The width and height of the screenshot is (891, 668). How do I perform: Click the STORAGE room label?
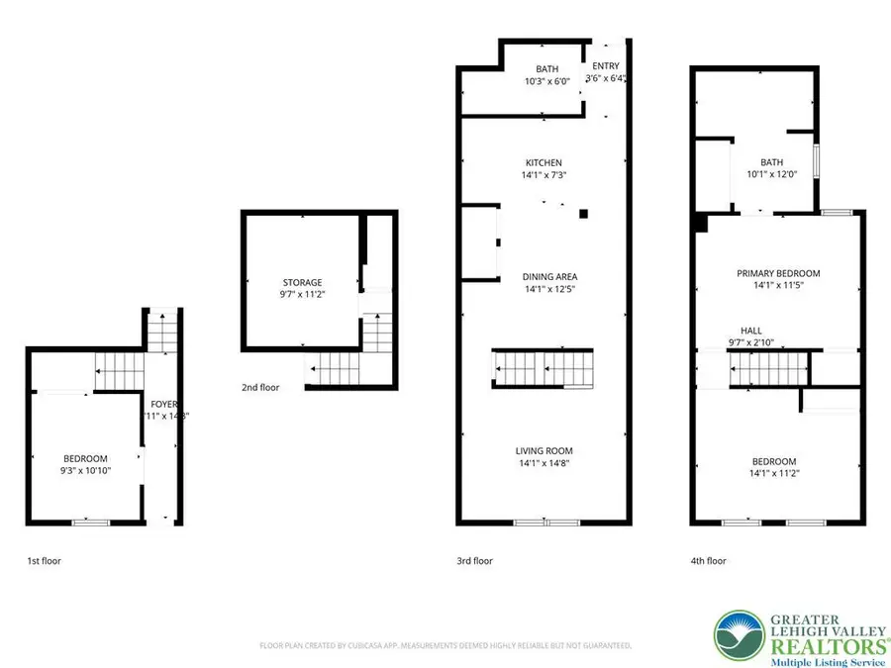click(x=303, y=283)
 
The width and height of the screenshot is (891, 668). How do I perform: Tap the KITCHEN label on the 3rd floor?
click(x=544, y=163)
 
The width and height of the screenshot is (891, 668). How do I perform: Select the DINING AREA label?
click(x=550, y=277)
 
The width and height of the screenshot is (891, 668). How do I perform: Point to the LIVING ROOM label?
click(x=544, y=451)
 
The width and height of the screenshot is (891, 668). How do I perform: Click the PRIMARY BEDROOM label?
click(x=778, y=274)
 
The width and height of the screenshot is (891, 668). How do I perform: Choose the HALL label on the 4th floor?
click(x=751, y=332)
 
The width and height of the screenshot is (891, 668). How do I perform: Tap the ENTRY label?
click(x=606, y=67)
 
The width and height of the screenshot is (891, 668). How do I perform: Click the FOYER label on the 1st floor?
click(x=164, y=404)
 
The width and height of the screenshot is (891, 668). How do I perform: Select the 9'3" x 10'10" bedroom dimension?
click(x=86, y=470)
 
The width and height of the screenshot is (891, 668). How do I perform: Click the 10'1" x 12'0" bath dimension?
click(x=772, y=175)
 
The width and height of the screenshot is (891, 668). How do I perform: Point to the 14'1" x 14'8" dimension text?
click(x=544, y=463)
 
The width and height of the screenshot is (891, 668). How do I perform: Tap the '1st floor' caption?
click(x=44, y=561)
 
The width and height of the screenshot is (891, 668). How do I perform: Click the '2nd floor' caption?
click(x=259, y=388)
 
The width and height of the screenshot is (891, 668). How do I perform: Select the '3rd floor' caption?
click(x=474, y=561)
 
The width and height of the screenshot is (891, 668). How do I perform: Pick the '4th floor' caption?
click(x=708, y=561)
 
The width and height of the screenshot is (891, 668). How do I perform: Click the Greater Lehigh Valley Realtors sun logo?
click(x=740, y=637)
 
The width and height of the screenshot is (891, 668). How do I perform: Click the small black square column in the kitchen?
click(x=584, y=212)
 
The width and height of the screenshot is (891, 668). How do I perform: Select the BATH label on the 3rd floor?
click(x=547, y=69)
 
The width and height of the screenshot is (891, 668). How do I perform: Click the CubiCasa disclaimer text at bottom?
click(x=445, y=645)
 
